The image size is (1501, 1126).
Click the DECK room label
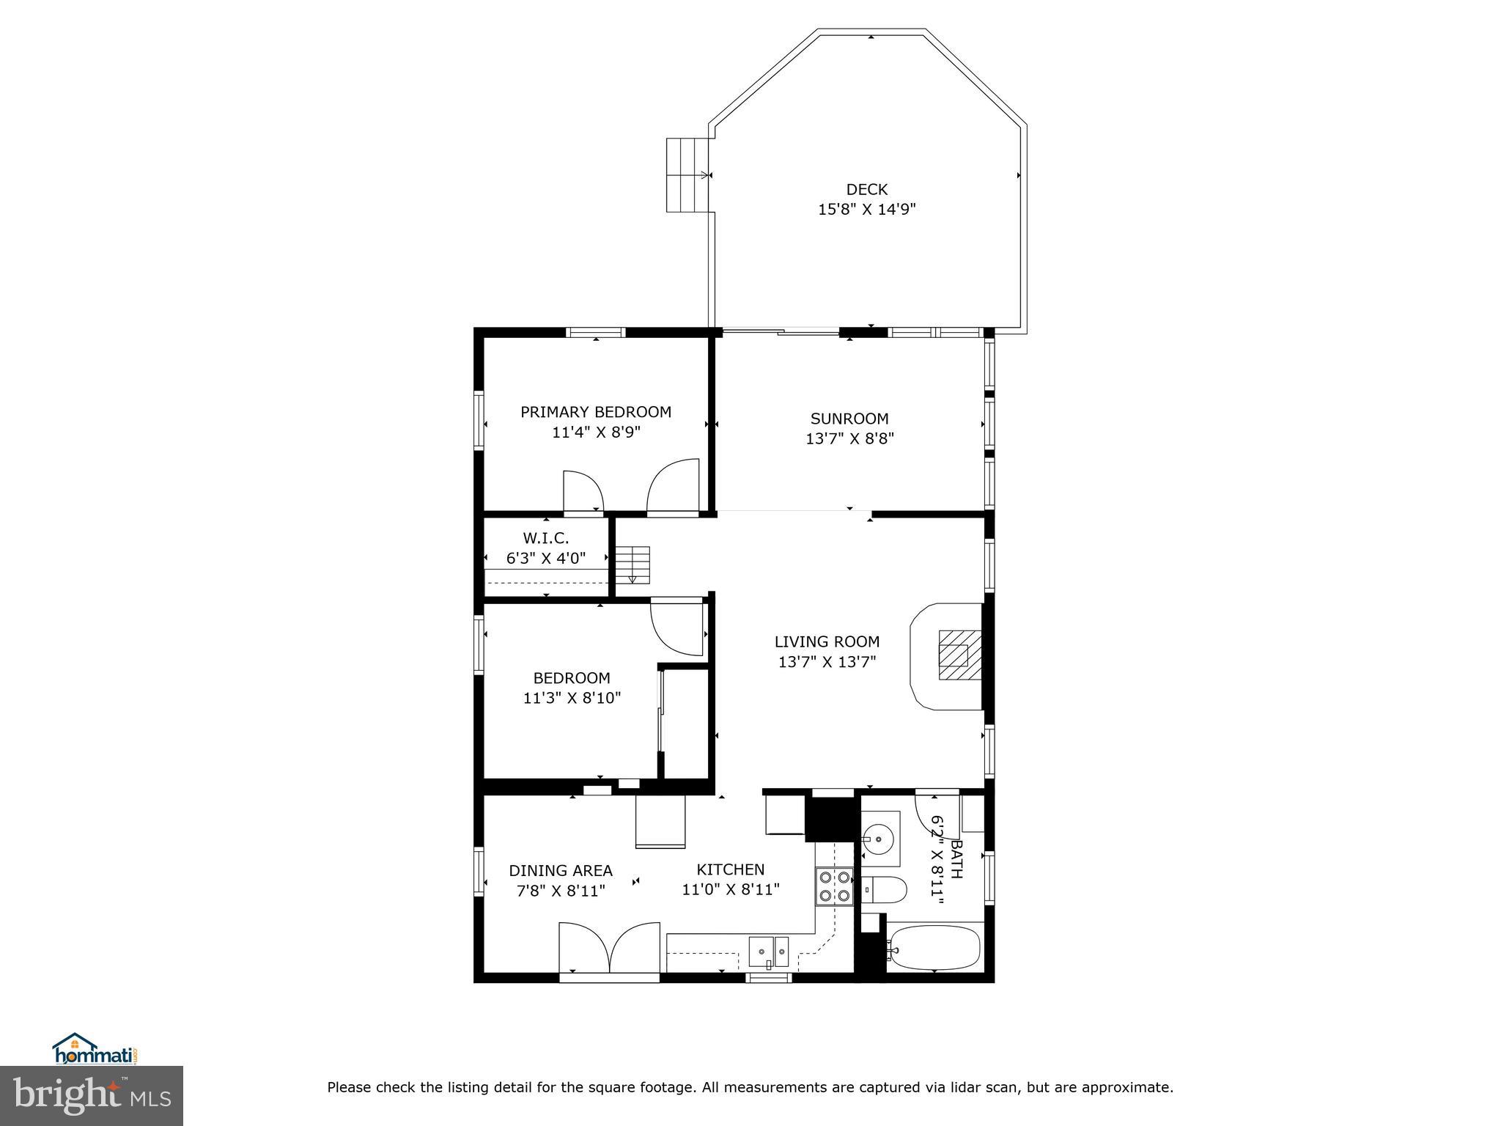pyautogui.click(x=867, y=189)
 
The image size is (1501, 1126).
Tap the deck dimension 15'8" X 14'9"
pyautogui.click(x=867, y=210)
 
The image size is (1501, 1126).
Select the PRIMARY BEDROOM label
pyautogui.click(x=595, y=412)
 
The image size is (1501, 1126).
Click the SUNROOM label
pyautogui.click(x=849, y=419)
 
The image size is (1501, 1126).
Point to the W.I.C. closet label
pyautogui.click(x=545, y=538)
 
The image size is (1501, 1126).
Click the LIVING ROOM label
pyautogui.click(x=827, y=641)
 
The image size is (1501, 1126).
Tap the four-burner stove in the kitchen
pyautogui.click(x=834, y=886)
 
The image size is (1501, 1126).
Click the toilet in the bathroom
pyautogui.click(x=884, y=889)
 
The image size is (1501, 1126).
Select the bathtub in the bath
pyautogui.click(x=933, y=948)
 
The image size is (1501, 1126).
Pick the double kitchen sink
pyautogui.click(x=769, y=952)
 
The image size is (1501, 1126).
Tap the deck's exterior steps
pyautogui.click(x=688, y=175)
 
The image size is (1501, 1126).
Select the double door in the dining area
pyautogui.click(x=608, y=949)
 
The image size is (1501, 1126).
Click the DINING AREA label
pyautogui.click(x=560, y=871)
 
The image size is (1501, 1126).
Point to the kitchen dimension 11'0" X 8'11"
pyautogui.click(x=730, y=890)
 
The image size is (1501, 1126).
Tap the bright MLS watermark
pyautogui.click(x=92, y=1095)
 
